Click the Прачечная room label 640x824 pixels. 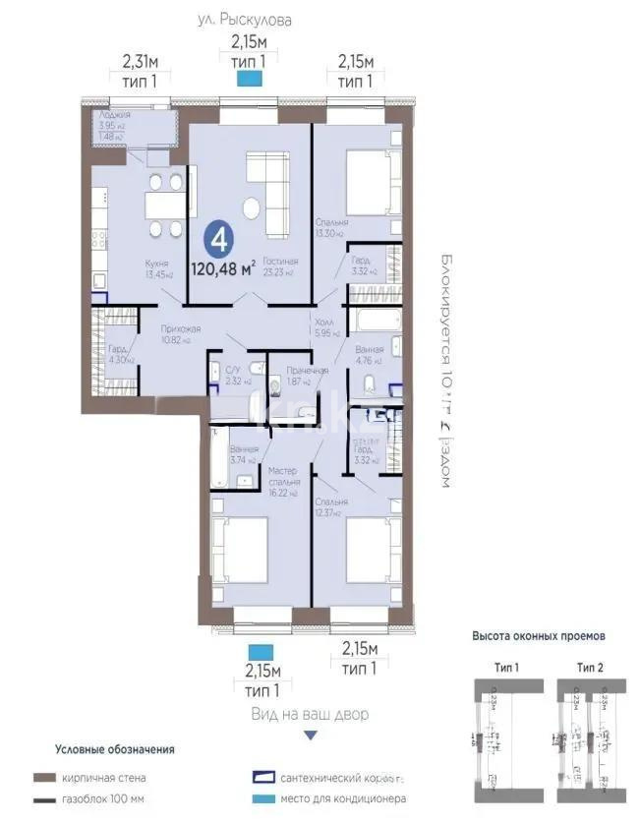(x=307, y=370)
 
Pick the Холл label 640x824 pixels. (x=323, y=321)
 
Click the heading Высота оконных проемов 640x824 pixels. (x=539, y=636)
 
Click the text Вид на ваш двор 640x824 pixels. (x=311, y=714)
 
